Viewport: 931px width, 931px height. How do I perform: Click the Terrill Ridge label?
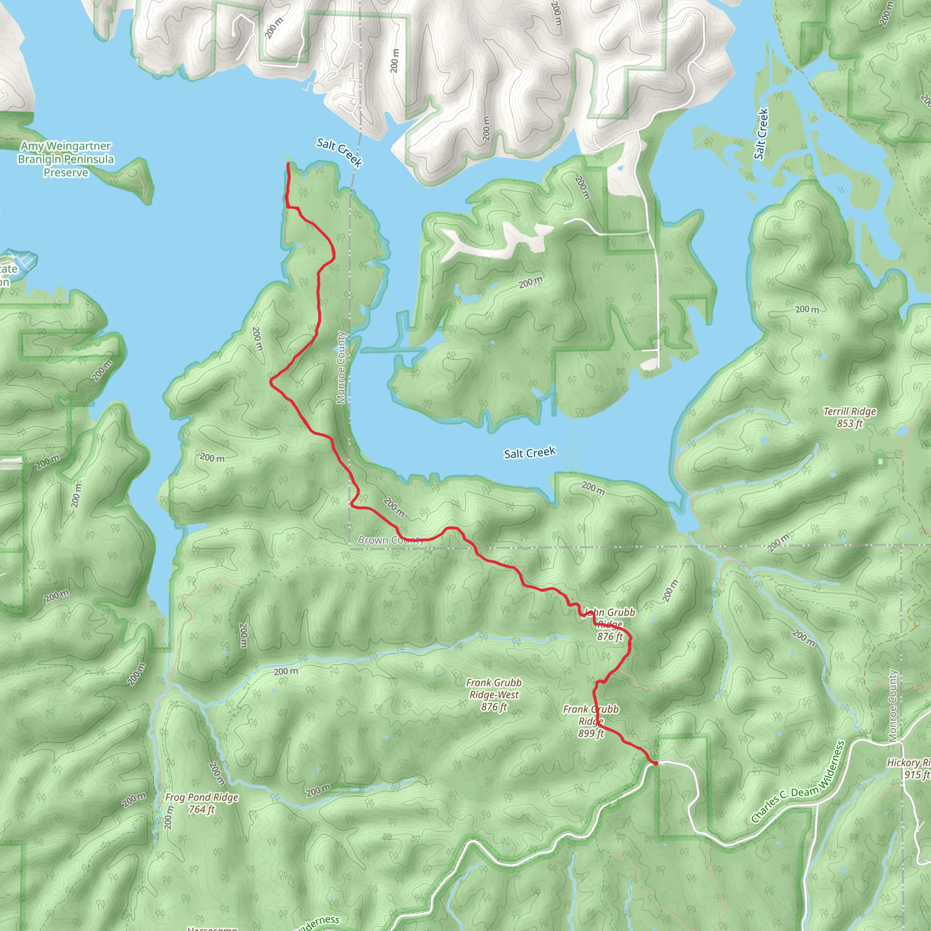point(850,411)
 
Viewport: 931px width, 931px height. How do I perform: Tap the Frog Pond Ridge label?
point(201,797)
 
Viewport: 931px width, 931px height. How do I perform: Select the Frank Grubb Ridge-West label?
point(494,689)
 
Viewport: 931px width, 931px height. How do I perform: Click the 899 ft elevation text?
point(591,733)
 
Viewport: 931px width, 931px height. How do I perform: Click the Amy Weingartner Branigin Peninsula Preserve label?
point(66,159)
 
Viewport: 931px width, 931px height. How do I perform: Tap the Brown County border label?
point(390,540)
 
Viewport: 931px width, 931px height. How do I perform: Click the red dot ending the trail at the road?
point(656,763)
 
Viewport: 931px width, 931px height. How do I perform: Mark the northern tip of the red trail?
point(288,164)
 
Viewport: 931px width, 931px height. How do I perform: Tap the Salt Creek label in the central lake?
point(530,453)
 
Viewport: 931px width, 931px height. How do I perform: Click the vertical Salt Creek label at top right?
point(761,134)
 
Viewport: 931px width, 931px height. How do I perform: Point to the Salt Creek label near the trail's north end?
point(339,152)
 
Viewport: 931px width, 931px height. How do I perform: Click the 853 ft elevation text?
point(850,424)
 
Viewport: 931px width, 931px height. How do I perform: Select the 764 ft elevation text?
point(201,810)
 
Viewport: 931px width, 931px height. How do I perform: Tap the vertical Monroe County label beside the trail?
point(341,367)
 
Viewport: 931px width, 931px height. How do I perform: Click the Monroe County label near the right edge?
point(892,706)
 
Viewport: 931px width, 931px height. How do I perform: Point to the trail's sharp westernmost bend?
point(271,382)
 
